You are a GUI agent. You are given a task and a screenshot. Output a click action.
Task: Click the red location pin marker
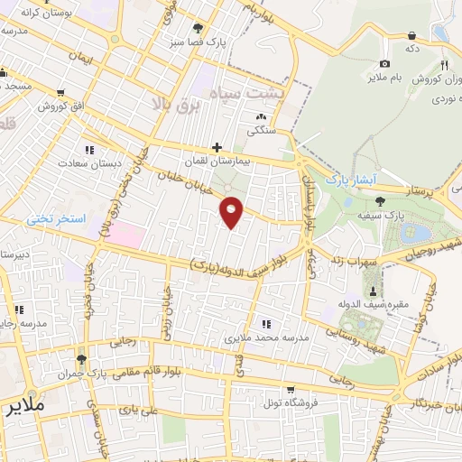tap(232, 212)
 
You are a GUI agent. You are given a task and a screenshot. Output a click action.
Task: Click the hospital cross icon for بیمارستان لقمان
tap(217, 147)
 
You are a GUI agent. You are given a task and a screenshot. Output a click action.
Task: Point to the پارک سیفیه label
tap(405, 217)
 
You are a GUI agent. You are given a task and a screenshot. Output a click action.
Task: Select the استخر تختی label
tap(55, 219)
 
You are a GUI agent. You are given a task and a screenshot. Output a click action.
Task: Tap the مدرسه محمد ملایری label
tap(266, 337)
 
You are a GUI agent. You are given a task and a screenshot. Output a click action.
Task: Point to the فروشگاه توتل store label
tap(290, 402)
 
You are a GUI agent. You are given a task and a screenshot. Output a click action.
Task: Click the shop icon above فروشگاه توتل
tap(290, 390)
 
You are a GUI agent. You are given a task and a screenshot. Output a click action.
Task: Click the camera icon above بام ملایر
tap(385, 63)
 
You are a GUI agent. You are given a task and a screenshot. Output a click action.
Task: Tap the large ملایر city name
tap(23, 406)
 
